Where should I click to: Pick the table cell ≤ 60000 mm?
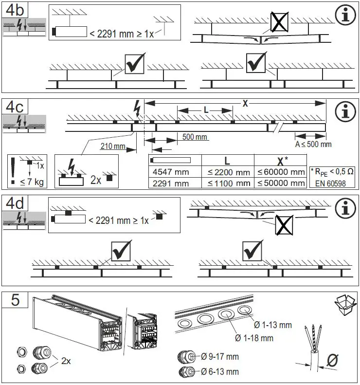(281, 172)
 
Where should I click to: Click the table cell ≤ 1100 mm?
(228, 183)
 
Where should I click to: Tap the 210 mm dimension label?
(113, 146)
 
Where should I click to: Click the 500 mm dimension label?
(195, 137)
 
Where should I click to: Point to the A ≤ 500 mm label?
(313, 144)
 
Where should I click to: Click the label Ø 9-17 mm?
(219, 357)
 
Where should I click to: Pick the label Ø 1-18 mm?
(253, 338)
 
